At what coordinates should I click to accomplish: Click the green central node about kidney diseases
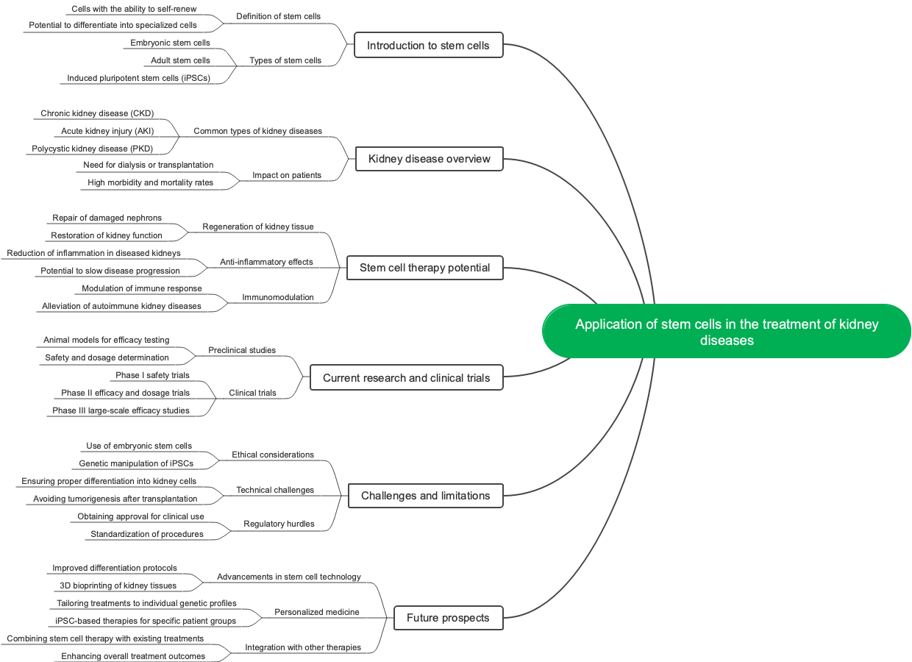pyautogui.click(x=727, y=332)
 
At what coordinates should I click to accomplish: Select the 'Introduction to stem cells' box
pyautogui.click(x=428, y=46)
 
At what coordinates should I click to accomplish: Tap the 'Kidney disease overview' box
pyautogui.click(x=429, y=159)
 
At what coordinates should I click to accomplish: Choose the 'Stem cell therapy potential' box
pyautogui.click(x=424, y=268)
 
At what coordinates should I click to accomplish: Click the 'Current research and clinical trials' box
pyautogui.click(x=406, y=378)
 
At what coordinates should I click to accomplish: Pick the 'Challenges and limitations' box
pyautogui.click(x=425, y=496)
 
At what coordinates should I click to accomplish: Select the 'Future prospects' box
pyautogui.click(x=448, y=618)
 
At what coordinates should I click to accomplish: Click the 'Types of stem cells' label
pyautogui.click(x=285, y=60)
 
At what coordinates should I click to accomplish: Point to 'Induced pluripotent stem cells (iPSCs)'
pyautogui.click(x=138, y=78)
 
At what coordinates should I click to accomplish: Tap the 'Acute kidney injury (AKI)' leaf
pyautogui.click(x=107, y=131)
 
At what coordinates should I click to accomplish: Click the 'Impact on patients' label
pyautogui.click(x=287, y=175)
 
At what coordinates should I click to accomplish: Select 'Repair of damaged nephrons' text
pyautogui.click(x=107, y=218)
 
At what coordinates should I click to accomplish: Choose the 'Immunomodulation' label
pyautogui.click(x=278, y=297)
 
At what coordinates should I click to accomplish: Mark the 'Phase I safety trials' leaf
pyautogui.click(x=152, y=375)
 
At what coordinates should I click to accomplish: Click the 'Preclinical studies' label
pyautogui.click(x=242, y=350)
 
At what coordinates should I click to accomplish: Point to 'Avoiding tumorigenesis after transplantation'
pyautogui.click(x=115, y=499)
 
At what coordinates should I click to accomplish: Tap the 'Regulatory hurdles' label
pyautogui.click(x=279, y=524)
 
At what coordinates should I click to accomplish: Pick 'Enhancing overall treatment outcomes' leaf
pyautogui.click(x=133, y=656)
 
